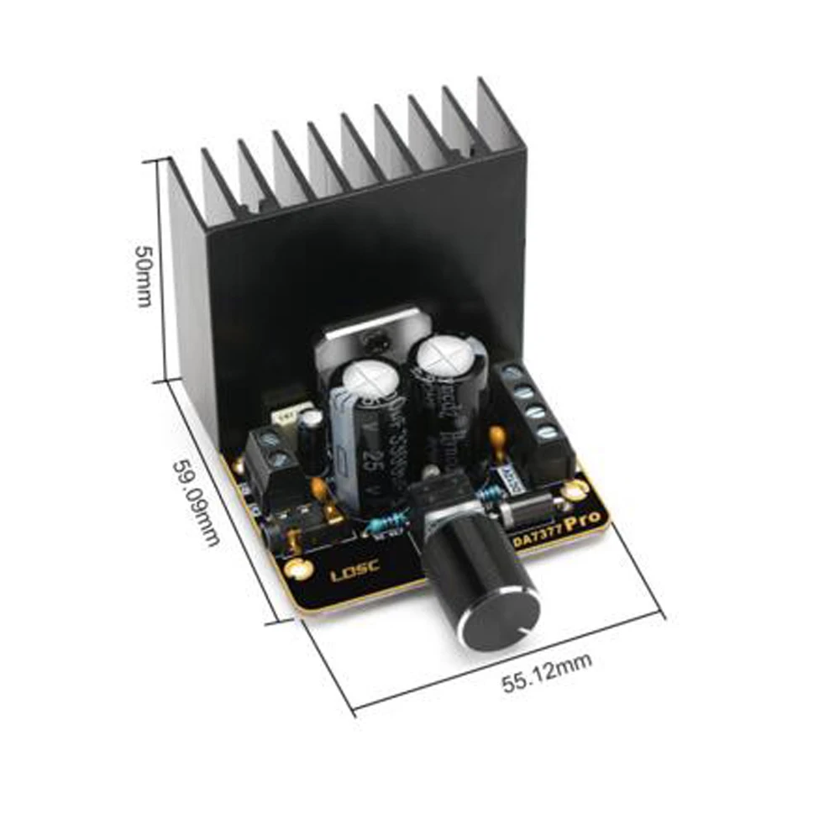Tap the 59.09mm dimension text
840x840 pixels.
[x=197, y=501]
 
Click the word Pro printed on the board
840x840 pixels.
[x=584, y=522]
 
